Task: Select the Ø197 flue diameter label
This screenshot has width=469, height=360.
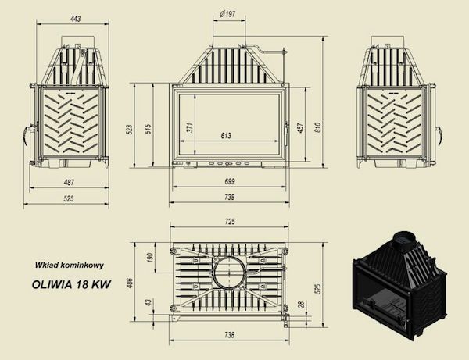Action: point(229,13)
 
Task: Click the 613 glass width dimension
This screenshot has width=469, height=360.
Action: point(226,136)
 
